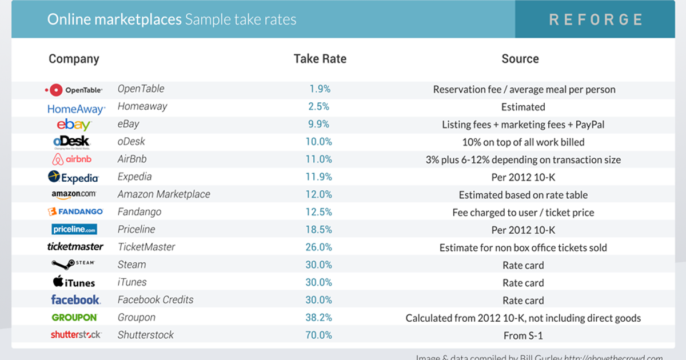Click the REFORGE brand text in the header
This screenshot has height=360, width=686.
pyautogui.click(x=596, y=19)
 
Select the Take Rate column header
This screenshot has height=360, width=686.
pyautogui.click(x=320, y=59)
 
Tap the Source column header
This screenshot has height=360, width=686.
pyautogui.click(x=520, y=59)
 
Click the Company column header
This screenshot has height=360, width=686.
pyautogui.click(x=74, y=59)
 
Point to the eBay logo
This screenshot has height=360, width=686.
pyautogui.click(x=74, y=125)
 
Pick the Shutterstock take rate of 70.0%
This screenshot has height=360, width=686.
pyautogui.click(x=318, y=335)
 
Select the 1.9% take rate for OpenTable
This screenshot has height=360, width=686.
pyautogui.click(x=320, y=89)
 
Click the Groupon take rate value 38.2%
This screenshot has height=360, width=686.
pyautogui.click(x=318, y=318)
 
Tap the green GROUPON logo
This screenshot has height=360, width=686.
pyautogui.click(x=74, y=318)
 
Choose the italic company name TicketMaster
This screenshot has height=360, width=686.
pyautogui.click(x=146, y=247)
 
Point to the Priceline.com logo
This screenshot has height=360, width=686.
pyautogui.click(x=74, y=230)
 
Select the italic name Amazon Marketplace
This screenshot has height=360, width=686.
pyautogui.click(x=163, y=194)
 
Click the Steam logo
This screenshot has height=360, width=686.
pyautogui.click(x=73, y=264)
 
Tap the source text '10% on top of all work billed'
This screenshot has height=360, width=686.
pyautogui.click(x=523, y=142)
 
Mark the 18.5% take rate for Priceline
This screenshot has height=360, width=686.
pyautogui.click(x=318, y=230)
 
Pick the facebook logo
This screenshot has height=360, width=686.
pyautogui.click(x=75, y=300)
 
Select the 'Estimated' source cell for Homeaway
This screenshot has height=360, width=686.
pyautogui.click(x=523, y=107)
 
